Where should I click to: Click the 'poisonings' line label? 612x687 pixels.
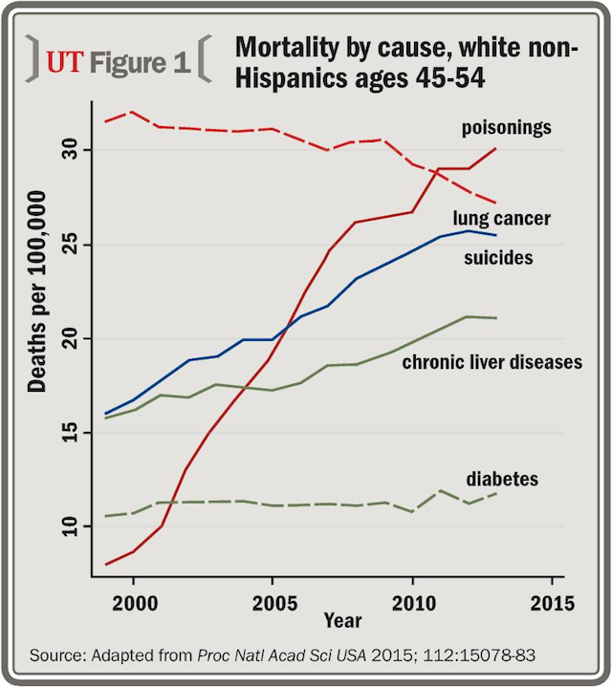[x=506, y=128]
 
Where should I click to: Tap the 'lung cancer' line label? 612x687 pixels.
[x=501, y=219]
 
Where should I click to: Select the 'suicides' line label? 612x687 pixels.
[x=498, y=257]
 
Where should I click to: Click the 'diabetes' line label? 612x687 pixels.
[x=502, y=478]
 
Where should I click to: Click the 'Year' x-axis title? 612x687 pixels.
[x=341, y=621]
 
